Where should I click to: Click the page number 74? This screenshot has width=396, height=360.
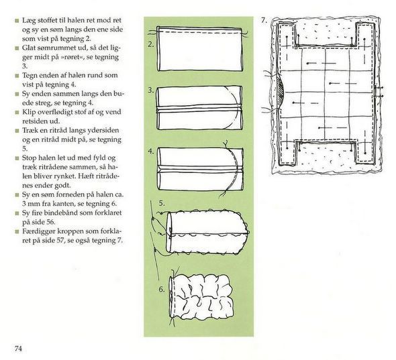[18, 349]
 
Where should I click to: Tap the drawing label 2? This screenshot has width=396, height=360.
[151, 45]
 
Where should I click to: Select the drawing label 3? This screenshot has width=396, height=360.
[151, 91]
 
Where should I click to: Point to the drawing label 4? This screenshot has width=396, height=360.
[151, 152]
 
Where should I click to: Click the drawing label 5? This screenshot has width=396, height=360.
[162, 203]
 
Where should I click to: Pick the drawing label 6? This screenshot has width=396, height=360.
[162, 290]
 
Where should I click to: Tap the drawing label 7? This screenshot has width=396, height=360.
[264, 20]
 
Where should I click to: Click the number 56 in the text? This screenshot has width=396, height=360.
[51, 223]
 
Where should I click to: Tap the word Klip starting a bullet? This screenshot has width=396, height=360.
[28, 112]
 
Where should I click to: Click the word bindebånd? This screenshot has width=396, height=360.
[60, 213]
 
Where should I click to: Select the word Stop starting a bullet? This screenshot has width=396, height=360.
[30, 158]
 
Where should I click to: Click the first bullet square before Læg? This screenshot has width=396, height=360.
[17, 21]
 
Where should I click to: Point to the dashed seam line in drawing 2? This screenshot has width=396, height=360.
[199, 32]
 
